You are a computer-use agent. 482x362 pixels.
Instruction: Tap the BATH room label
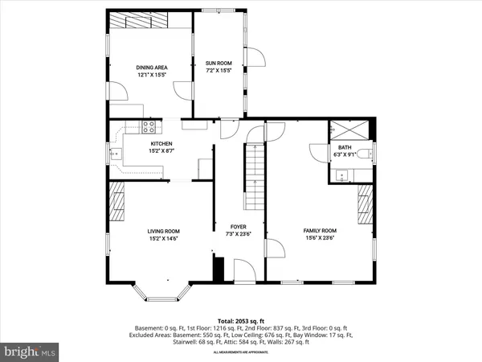pos(344,147)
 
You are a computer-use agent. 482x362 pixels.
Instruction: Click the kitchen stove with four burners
pos(149,126)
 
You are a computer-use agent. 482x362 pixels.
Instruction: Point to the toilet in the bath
pos(364,153)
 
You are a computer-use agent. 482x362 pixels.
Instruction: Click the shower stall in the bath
pos(350,130)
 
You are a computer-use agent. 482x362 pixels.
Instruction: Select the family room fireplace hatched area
pos(366,206)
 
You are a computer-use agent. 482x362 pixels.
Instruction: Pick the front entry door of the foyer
pos(244,272)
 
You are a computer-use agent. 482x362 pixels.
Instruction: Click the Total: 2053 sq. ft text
pos(240,321)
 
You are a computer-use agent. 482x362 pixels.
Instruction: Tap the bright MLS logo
pos(31,352)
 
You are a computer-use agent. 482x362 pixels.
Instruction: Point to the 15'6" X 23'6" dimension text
pos(319,237)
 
